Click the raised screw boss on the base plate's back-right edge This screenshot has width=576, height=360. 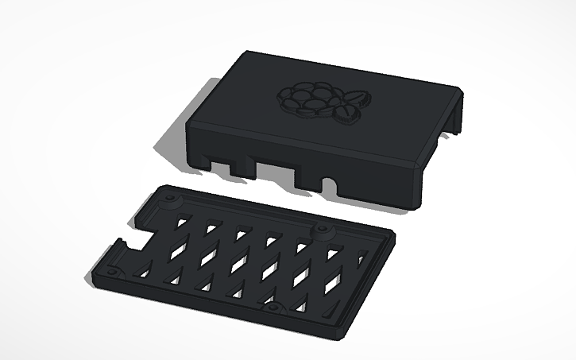(x=322, y=230)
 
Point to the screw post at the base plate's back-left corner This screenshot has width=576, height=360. (x=169, y=193)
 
